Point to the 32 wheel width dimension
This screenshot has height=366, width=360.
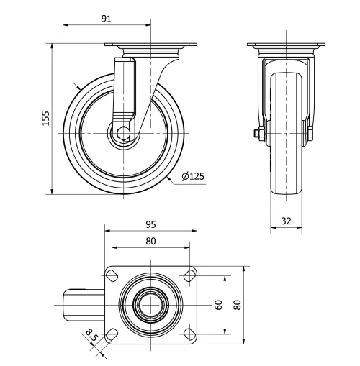(286, 222)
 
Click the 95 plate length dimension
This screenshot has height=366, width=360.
(150, 224)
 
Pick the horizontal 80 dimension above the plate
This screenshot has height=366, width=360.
(150, 241)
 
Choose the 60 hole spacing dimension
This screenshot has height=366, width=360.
(218, 303)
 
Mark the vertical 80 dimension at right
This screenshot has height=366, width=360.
(236, 303)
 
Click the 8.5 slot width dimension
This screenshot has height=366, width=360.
(91, 335)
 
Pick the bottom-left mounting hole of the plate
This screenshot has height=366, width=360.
(113, 333)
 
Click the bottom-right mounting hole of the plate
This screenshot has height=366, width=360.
(189, 333)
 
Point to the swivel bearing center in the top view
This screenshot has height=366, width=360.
(151, 303)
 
